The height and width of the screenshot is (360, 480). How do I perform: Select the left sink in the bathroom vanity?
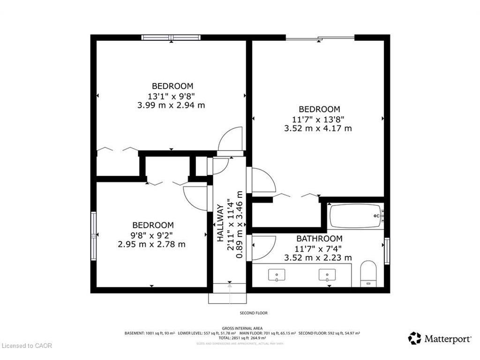[277, 275]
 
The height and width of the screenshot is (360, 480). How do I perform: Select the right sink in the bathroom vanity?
[327, 275]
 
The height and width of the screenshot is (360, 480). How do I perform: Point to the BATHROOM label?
[319, 239]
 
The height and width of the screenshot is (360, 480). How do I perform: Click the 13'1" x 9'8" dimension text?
[172, 96]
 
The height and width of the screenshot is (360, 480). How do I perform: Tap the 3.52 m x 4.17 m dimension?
[318, 128]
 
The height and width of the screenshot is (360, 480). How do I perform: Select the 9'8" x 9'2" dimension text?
[152, 235]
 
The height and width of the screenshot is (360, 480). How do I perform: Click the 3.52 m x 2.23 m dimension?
[318, 257]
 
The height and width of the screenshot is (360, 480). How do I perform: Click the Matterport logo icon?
[414, 338]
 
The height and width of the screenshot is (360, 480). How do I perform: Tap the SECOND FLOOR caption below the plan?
[254, 313]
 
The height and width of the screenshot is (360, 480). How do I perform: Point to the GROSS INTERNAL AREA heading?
[242, 328]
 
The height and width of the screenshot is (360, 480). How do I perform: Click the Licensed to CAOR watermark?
[27, 346]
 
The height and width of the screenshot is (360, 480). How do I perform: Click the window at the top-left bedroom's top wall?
[171, 37]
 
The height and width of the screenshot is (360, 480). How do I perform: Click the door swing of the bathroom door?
[262, 247]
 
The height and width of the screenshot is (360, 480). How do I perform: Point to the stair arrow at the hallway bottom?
[230, 291]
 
